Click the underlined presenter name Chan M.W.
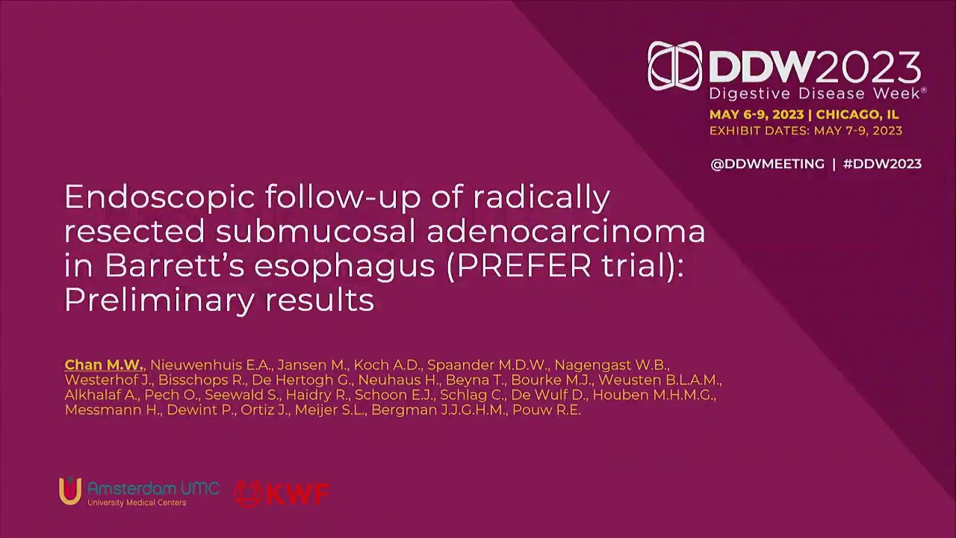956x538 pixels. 104,365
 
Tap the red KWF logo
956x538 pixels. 282,494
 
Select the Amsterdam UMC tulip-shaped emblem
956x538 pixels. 70,491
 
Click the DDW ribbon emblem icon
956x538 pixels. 674,67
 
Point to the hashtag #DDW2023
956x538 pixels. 882,164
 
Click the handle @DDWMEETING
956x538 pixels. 767,164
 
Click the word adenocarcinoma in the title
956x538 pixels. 566,231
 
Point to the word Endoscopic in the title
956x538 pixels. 160,198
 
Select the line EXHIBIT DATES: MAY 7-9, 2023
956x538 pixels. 806,131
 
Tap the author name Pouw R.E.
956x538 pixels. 547,410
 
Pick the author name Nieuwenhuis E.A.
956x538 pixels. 211,365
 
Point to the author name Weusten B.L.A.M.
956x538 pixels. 659,380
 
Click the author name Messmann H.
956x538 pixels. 113,410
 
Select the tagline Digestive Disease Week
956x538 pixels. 815,93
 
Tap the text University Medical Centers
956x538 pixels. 137,503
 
